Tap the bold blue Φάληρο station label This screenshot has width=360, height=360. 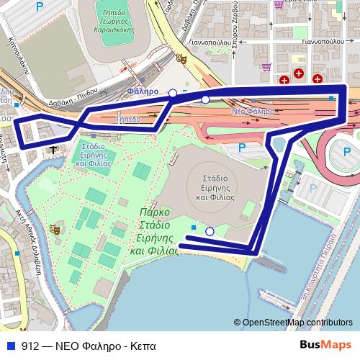coord(140,92)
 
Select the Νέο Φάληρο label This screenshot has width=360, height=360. coord(253,112)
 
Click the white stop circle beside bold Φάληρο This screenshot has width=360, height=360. coord(172,93)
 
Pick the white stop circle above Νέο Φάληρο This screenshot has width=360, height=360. coord(205,99)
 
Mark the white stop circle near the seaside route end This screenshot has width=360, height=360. coord(210,231)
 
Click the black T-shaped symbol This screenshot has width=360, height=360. coord(54,148)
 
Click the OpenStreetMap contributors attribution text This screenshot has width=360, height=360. coord(297,322)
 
